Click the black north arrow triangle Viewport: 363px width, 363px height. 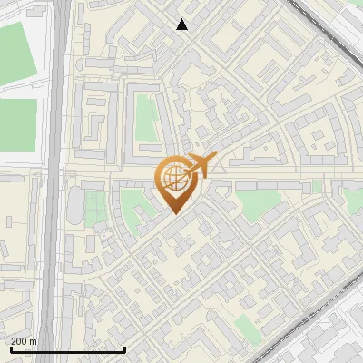point(182,25)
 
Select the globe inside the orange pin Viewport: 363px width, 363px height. point(173,176)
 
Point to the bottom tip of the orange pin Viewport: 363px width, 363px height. point(173,214)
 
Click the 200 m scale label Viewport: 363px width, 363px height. point(24,340)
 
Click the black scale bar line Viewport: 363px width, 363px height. point(67,349)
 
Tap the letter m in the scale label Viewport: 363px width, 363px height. point(33,340)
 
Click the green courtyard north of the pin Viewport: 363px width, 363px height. point(146,117)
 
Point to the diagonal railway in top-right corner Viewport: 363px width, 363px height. point(327,23)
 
